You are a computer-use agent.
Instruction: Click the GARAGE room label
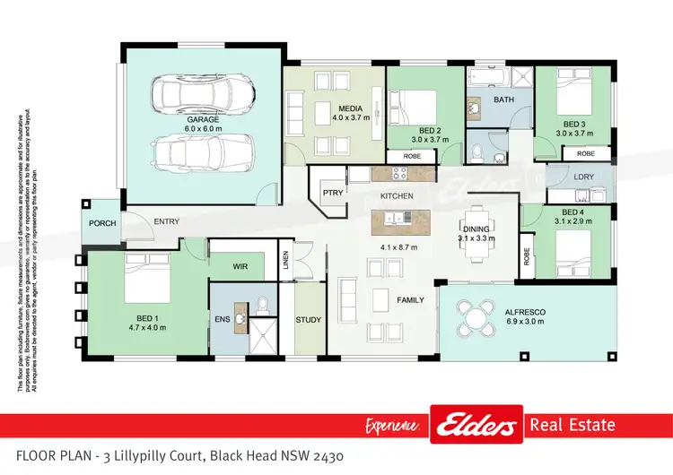pos(204,118)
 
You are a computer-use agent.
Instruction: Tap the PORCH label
pos(102,223)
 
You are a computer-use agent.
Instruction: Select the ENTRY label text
pos(167,221)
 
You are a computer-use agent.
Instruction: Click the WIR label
pos(240,266)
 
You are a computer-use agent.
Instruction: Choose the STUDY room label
pos(309,319)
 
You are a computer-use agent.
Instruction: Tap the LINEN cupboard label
pos(286,260)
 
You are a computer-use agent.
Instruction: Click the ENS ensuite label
pos(223,318)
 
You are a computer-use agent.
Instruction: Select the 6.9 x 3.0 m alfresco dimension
pos(526,321)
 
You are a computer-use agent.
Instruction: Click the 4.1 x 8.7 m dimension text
pos(400,247)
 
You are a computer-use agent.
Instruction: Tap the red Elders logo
pos(476,424)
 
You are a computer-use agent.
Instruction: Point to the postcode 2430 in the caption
pos(323,457)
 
